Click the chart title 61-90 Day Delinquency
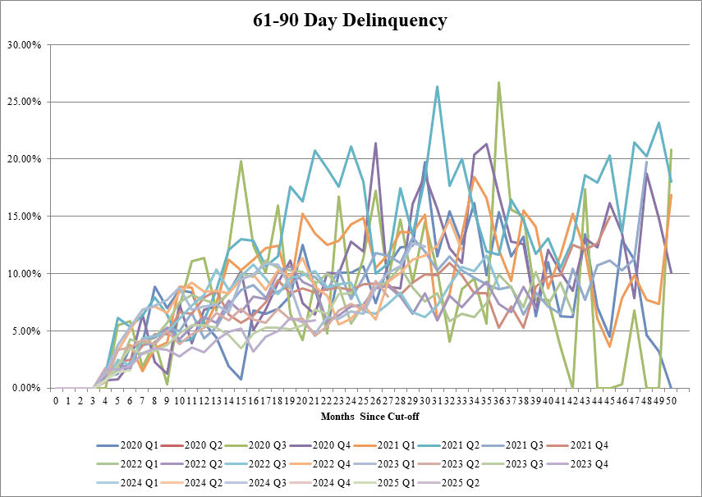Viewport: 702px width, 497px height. click(x=351, y=20)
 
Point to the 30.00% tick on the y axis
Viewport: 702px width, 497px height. click(x=25, y=44)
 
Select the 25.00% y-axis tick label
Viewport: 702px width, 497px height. click(x=25, y=102)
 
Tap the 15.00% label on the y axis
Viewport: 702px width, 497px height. click(x=25, y=216)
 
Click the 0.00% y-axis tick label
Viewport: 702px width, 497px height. click(x=26, y=388)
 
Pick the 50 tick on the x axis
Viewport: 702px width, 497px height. click(x=672, y=400)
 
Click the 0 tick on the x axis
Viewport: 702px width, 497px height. click(x=56, y=400)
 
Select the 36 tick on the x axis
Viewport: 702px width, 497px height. click(x=499, y=400)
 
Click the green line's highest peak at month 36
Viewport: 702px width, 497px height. click(x=498, y=82)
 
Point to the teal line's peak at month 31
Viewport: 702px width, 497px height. click(x=438, y=86)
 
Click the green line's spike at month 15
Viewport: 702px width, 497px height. click(x=241, y=161)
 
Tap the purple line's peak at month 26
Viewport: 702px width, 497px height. click(x=376, y=144)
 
